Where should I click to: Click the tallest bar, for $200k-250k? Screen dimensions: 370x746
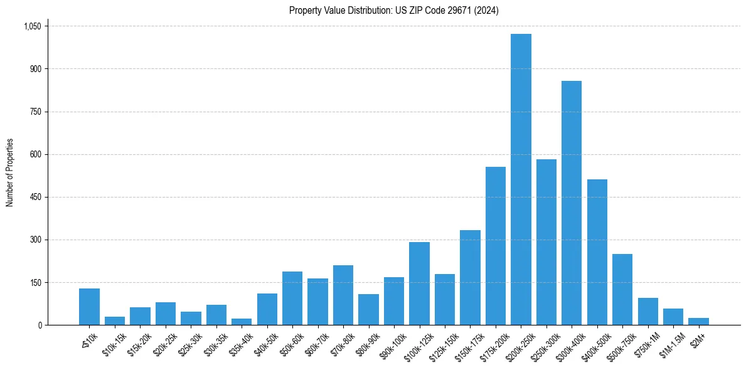(x=521, y=179)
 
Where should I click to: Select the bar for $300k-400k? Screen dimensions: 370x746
(x=572, y=203)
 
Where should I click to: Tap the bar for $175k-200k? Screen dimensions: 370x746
(x=496, y=246)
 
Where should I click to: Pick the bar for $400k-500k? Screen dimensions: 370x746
(x=597, y=252)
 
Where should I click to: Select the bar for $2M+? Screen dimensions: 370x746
(x=698, y=322)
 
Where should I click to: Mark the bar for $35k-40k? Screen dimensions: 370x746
(x=242, y=322)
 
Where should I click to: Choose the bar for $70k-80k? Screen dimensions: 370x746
(x=343, y=295)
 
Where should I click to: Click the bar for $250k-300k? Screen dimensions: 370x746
(x=546, y=242)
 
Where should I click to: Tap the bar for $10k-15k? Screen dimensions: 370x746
(x=115, y=321)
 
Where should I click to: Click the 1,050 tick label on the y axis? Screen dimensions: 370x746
(x=32, y=26)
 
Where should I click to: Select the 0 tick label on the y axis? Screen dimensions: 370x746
(x=40, y=325)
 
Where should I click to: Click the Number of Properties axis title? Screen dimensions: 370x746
(x=10, y=172)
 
